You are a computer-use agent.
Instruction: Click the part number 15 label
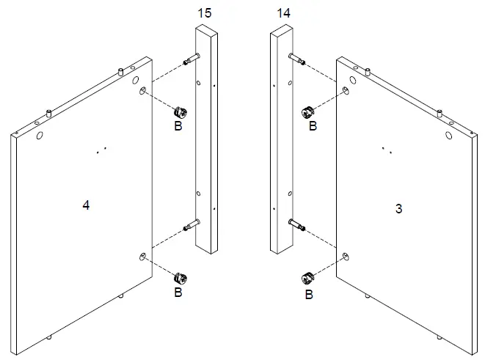(205, 13)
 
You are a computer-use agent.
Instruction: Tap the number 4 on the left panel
(86, 206)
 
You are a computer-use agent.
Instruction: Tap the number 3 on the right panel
(398, 209)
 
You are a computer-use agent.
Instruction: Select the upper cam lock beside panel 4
(179, 113)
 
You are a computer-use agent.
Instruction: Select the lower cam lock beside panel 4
(179, 279)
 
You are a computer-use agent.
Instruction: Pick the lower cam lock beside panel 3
(309, 279)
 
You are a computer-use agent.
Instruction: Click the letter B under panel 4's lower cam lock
(178, 293)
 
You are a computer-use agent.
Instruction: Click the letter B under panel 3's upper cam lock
(313, 127)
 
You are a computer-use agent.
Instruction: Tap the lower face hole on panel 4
(142, 255)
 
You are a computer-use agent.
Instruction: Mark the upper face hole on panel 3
(345, 90)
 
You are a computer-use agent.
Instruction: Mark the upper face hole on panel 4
(142, 90)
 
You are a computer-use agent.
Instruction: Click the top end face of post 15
(205, 29)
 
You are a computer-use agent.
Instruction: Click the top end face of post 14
(282, 30)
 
